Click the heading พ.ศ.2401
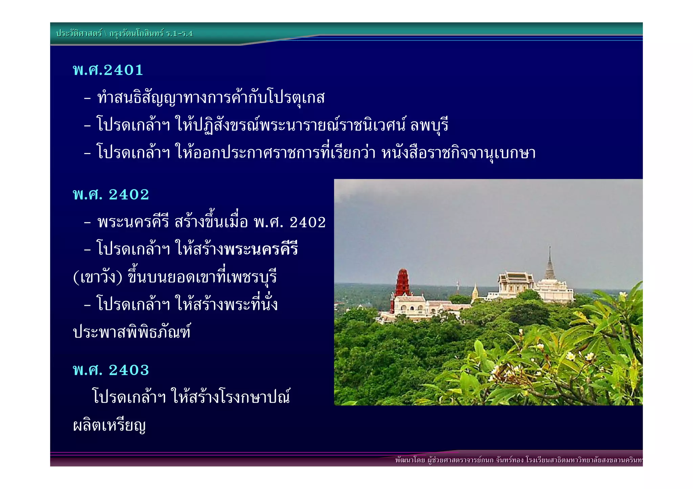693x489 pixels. pyautogui.click(x=108, y=70)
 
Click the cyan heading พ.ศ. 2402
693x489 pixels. pyautogui.click(x=111, y=195)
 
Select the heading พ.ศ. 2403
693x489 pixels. pyautogui.click(x=111, y=370)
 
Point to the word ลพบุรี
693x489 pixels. pyautogui.click(x=429, y=125)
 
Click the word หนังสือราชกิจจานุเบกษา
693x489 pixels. pyautogui.click(x=459, y=153)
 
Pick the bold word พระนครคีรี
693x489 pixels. pyautogui.click(x=261, y=249)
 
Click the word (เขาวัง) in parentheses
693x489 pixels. pyautogui.click(x=97, y=277)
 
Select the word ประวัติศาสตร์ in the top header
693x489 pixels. pyautogui.click(x=79, y=33)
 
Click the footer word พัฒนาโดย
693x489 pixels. pyautogui.click(x=410, y=460)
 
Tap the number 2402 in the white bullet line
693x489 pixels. pyautogui.click(x=308, y=222)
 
